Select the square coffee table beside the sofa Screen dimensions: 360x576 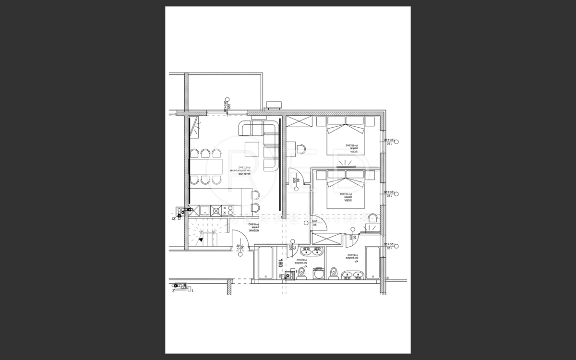pos(252,149)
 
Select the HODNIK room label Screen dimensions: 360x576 pos(253,228)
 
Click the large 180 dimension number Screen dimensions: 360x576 pos(280,263)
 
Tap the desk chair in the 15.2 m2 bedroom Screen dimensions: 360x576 pos(300,149)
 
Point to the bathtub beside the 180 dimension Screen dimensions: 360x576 pos(265,263)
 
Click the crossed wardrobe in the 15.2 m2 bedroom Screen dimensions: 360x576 pos(299,121)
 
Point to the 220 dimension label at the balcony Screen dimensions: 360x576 pos(229,107)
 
